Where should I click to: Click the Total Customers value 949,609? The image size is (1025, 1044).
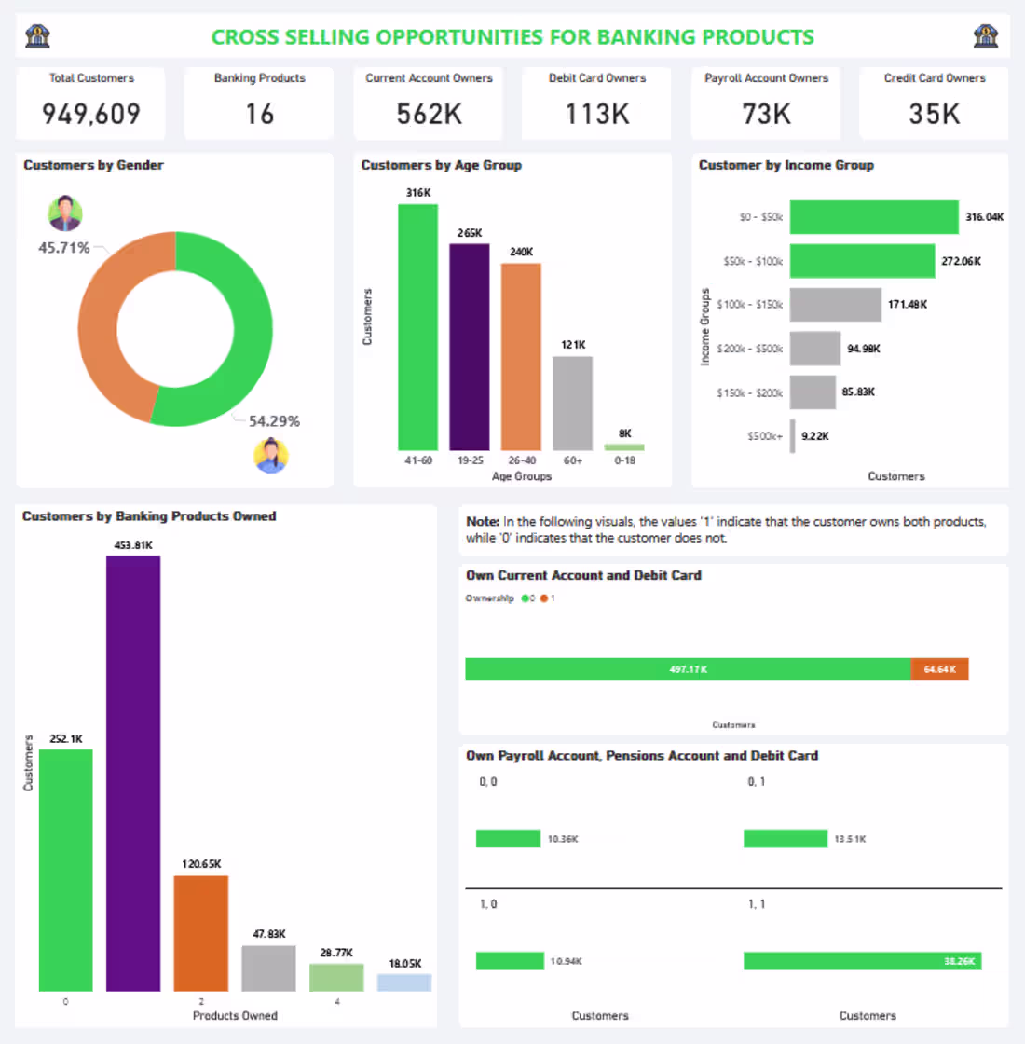91,114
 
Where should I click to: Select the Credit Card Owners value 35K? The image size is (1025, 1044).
934,114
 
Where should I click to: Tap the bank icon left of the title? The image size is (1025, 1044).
37,36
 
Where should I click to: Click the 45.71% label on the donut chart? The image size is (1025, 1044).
63,248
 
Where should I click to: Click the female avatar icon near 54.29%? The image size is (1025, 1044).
271,456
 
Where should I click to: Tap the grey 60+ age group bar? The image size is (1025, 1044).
572,403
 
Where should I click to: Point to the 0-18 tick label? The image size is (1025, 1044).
624,460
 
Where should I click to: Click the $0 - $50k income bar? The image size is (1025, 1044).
873,217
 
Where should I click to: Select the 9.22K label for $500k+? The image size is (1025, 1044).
815,436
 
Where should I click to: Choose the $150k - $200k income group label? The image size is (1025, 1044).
749,392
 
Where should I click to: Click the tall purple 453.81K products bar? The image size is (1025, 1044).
133,773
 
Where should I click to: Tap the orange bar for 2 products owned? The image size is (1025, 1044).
200,932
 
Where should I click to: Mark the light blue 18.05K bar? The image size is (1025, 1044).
404,982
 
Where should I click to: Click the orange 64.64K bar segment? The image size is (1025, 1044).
939,669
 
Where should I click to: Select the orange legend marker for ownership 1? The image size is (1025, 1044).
544,598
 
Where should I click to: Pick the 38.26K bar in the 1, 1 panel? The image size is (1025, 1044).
862,960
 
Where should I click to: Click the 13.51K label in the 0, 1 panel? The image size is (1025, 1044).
850,839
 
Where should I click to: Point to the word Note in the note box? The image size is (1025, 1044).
483,522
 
